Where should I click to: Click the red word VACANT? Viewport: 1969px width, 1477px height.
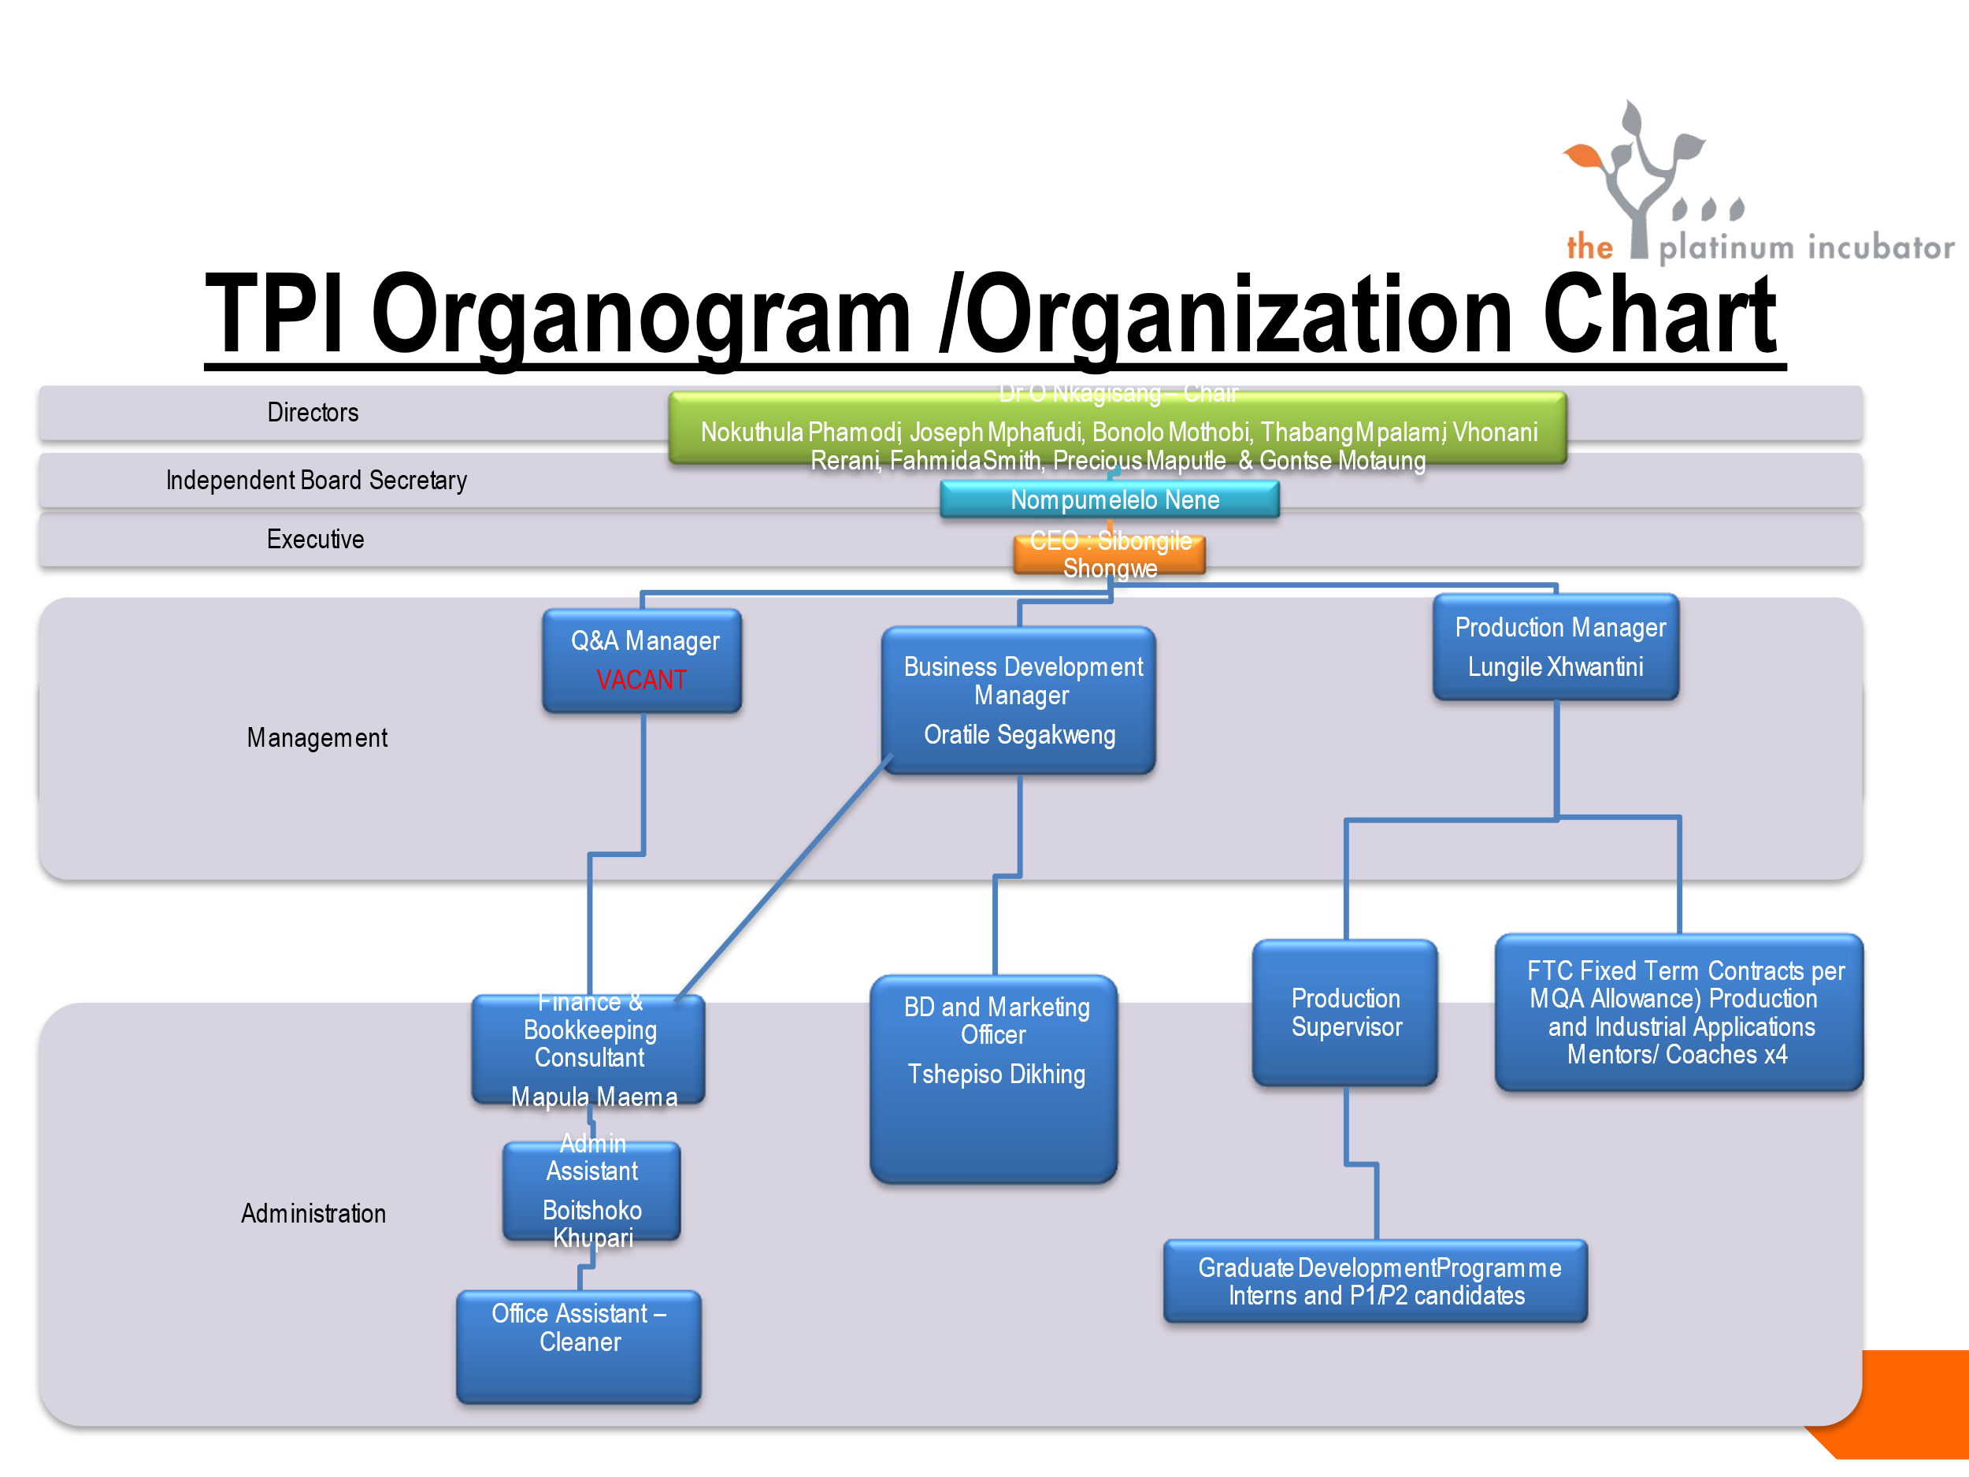(641, 680)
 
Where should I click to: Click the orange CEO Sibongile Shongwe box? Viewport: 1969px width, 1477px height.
(1109, 555)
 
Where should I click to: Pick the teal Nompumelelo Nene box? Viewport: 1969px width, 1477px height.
(1110, 499)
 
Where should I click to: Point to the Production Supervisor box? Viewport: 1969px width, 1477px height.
(1345, 1013)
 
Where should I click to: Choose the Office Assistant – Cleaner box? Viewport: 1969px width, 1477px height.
(579, 1346)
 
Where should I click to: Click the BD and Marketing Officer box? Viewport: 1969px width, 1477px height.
(994, 1079)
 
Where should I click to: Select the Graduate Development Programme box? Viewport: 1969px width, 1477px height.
(1375, 1281)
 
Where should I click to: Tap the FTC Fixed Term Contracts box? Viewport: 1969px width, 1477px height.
(1679, 1012)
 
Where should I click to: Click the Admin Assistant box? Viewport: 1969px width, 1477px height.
(592, 1190)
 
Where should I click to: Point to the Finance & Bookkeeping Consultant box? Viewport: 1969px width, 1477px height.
(589, 1048)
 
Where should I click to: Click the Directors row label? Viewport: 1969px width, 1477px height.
(313, 413)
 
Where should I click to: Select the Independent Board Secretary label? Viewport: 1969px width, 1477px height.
(316, 481)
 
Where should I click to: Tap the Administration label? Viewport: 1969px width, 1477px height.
(313, 1213)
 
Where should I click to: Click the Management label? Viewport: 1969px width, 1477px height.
(317, 738)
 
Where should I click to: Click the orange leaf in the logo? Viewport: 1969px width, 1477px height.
(1584, 157)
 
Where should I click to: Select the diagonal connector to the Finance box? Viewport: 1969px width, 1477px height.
(784, 877)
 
